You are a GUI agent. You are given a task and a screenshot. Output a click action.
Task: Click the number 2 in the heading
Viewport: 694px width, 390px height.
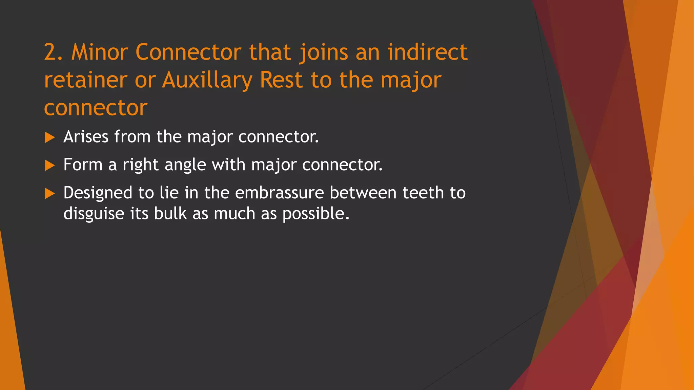coord(50,53)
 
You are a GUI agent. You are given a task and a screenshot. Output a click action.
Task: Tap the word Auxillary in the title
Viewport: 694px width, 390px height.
coord(207,81)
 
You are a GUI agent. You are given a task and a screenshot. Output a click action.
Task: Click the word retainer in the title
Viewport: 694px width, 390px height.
coord(86,81)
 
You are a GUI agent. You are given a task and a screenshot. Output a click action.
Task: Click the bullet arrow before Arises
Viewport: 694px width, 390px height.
coord(49,137)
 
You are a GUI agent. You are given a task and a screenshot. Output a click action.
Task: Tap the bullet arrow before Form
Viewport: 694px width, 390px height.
coord(49,166)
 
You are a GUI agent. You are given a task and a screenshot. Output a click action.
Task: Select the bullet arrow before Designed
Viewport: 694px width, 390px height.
coord(49,194)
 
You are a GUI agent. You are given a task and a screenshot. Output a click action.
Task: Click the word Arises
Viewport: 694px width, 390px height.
coord(86,137)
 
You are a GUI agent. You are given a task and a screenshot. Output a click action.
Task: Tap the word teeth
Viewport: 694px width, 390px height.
coord(423,193)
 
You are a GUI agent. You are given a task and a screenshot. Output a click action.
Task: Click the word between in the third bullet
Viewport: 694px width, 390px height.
coord(363,193)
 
